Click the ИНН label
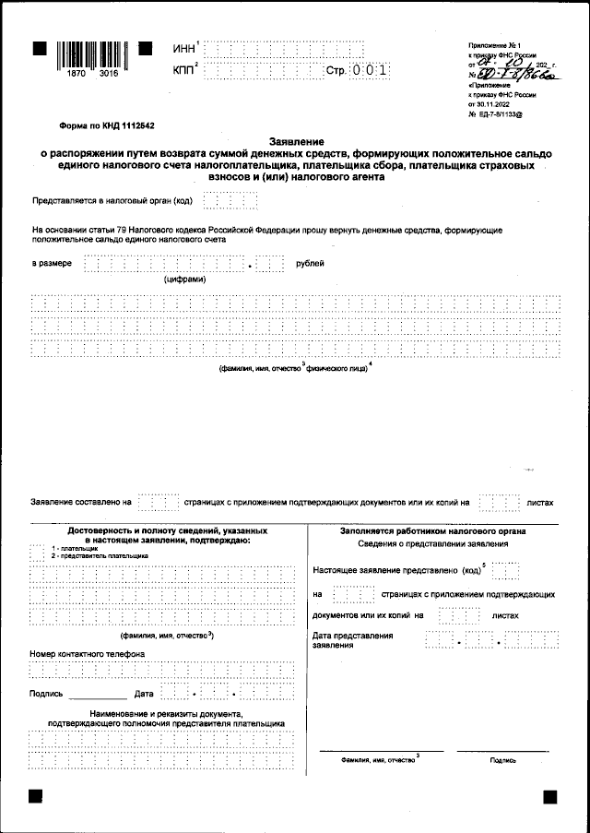point(183,48)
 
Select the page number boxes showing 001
point(369,71)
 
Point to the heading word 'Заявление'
point(294,137)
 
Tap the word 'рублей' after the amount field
point(310,264)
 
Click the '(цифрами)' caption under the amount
point(185,279)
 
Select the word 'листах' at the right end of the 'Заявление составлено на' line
point(539,504)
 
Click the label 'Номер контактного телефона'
point(87,654)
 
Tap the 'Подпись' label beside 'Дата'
point(46,693)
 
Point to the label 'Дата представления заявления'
point(353,640)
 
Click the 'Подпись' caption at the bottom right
point(503,761)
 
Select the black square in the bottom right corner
point(549,796)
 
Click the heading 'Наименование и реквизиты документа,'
point(166,715)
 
